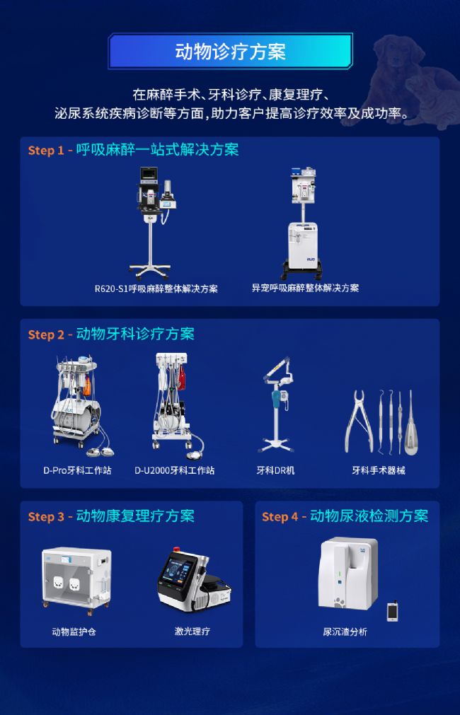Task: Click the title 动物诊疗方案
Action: (230, 52)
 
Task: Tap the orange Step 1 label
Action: (46, 151)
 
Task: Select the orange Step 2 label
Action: (46, 335)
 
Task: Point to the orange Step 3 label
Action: (46, 517)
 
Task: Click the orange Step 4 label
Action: (280, 517)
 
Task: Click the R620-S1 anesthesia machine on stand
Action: (152, 223)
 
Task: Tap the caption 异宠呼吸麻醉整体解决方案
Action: (305, 288)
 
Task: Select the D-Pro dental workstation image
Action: (80, 407)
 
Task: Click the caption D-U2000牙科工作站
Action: (174, 470)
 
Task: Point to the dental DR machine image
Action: (276, 404)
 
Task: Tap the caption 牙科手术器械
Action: (379, 470)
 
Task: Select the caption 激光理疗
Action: (192, 631)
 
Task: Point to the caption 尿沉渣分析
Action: (345, 632)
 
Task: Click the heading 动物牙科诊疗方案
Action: (135, 334)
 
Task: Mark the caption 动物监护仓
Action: (74, 632)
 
